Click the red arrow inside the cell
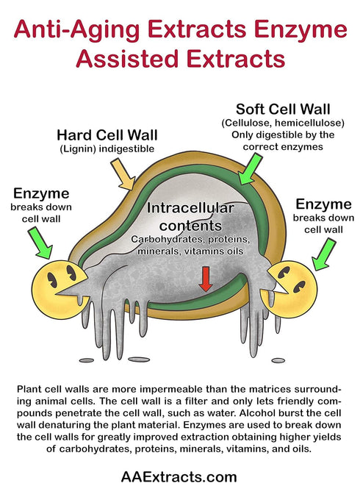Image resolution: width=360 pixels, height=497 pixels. pos(206,279)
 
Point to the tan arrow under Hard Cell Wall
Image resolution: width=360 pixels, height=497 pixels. pos(123,174)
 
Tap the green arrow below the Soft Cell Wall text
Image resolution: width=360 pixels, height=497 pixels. pos(250,169)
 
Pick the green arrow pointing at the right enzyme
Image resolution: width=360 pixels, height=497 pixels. pos(323,254)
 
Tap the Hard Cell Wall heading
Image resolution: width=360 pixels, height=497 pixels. pos(107,135)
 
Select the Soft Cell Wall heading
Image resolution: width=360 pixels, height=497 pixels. pos(283,110)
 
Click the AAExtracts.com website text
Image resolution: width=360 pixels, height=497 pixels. pos(179,476)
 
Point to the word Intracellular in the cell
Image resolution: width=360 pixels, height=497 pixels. pos(190,208)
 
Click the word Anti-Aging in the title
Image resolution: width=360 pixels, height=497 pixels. pos(76,29)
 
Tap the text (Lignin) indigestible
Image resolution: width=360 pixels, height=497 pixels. pos(107,149)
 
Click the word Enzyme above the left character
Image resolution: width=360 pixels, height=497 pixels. pos(41,193)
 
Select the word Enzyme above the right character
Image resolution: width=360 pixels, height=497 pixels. pos(323,204)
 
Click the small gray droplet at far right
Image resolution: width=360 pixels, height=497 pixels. pos(278,360)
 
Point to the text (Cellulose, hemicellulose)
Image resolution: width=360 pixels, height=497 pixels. pos(283,123)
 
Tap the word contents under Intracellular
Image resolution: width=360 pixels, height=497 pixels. pos(190,226)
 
